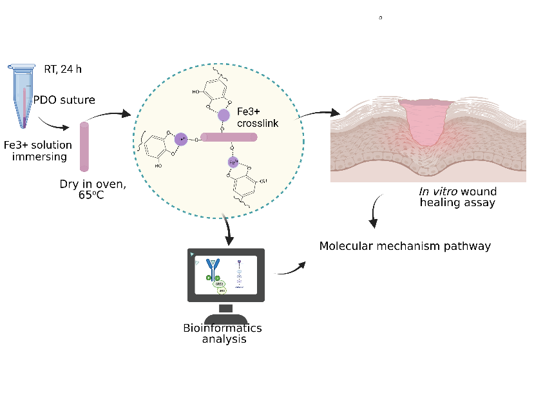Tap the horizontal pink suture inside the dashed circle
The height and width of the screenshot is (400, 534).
229,137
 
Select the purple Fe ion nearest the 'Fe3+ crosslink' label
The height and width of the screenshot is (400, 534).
223,115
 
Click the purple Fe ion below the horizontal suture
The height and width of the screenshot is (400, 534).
233,163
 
